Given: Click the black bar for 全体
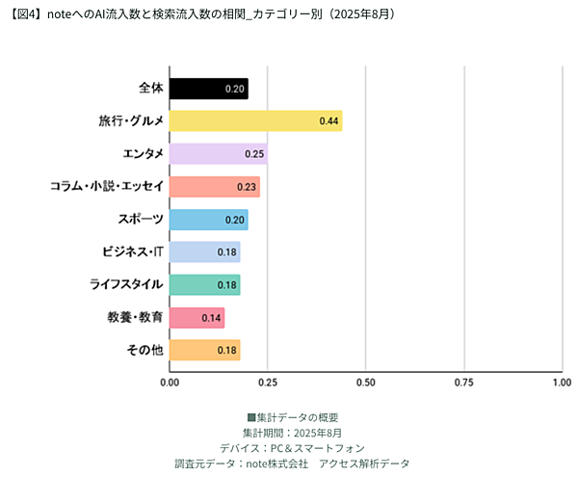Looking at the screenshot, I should pos(208,89).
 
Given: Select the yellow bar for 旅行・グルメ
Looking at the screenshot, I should pos(255,120).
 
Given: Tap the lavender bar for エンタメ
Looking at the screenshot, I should pos(218,153).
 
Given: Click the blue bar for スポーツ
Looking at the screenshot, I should pos(208,219).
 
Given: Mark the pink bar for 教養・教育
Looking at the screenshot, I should pos(197,317).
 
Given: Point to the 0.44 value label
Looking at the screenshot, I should pos(328,121).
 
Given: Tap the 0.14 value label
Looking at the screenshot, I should pos(211,317).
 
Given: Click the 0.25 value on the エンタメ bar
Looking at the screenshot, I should pos(253,154).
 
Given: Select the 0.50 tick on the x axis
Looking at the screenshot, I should pos(365,383).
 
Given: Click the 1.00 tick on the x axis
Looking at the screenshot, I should pos(561,383).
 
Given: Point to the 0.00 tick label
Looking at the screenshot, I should pos(170,383).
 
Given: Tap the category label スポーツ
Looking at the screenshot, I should pos(140,220).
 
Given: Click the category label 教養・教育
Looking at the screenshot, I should pos(135,317).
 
